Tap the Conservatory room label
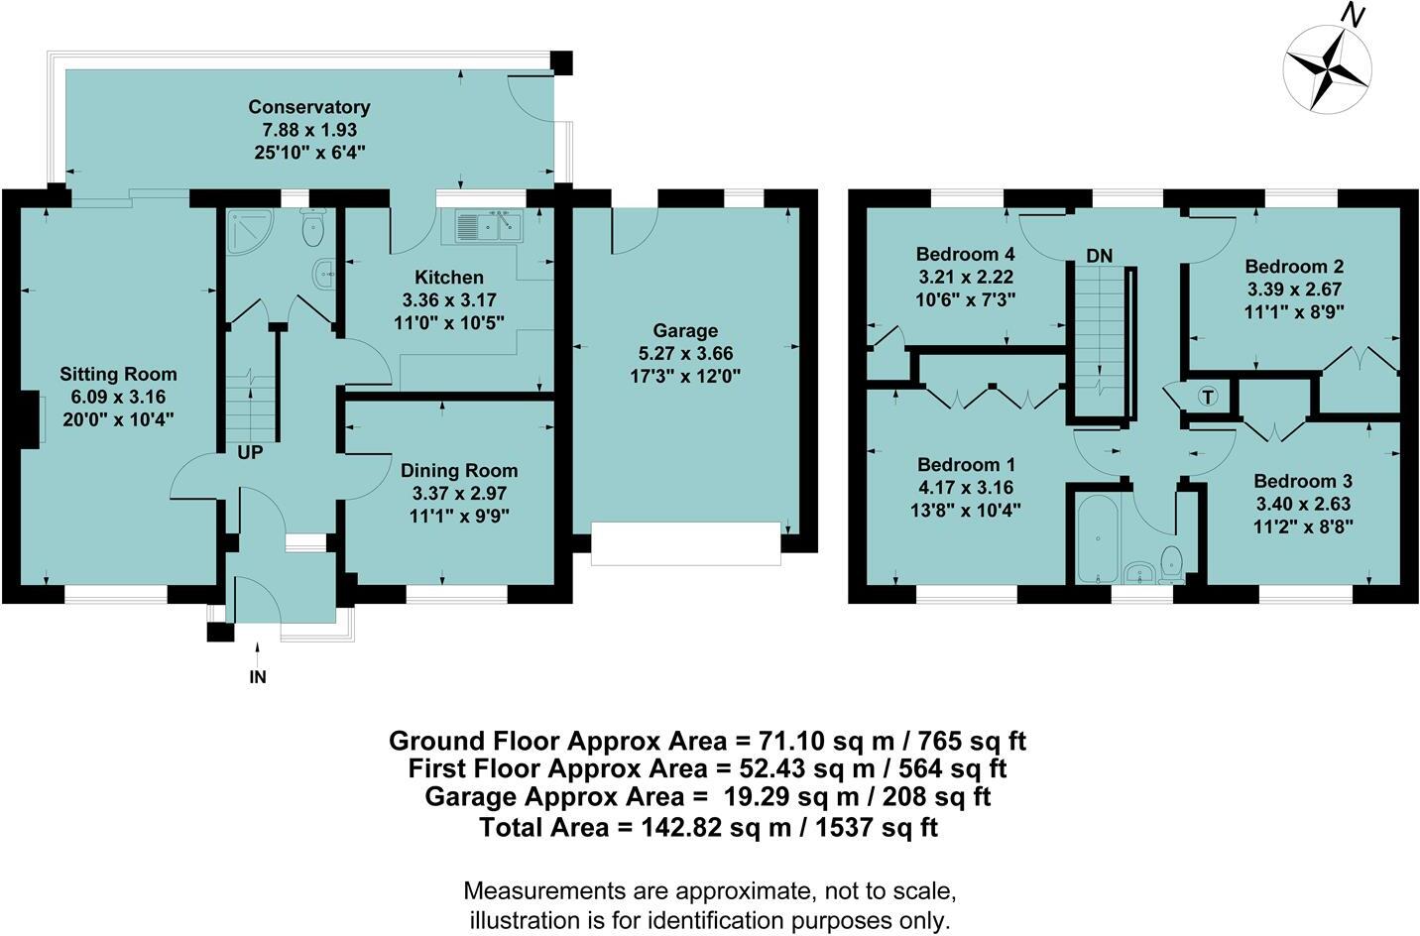[x=308, y=107]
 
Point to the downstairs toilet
[x=313, y=231]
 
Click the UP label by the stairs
[x=250, y=452]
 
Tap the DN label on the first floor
[x=1099, y=256]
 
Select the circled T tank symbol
[x=1207, y=397]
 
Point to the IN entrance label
[x=258, y=678]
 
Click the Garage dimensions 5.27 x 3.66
[x=685, y=353]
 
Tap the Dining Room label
[x=458, y=471]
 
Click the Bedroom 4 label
[x=965, y=253]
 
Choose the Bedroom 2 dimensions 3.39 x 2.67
[x=1294, y=289]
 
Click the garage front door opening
[x=685, y=544]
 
